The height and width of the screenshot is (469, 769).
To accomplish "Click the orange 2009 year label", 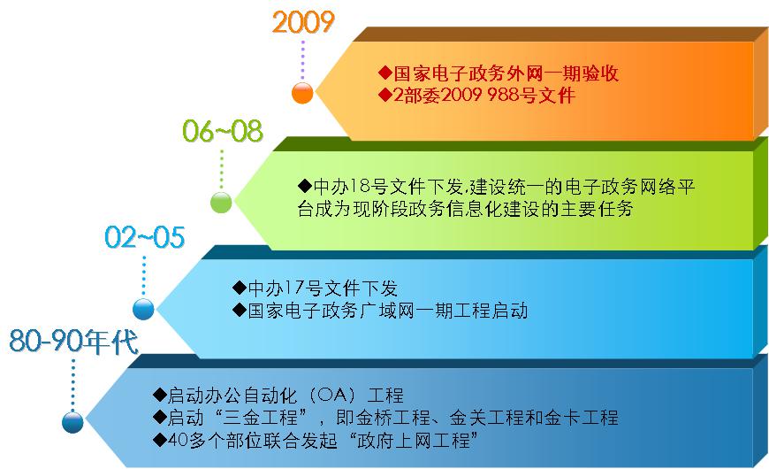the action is pos(303,23).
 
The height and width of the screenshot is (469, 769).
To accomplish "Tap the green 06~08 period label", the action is pos(223,131).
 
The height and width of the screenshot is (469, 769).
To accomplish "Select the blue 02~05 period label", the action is pos(145,237).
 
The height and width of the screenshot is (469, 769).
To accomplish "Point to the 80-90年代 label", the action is pos(73,342).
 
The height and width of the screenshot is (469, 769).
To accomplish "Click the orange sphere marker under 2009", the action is pos(302,93).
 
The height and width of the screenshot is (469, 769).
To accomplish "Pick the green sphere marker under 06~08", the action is pos(221,202).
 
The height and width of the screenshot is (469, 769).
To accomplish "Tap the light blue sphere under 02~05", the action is pos(144,309).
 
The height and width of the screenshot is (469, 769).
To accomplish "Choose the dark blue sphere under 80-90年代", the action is pos(72,422).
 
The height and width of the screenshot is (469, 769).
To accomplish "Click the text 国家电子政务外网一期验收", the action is pos(506,73).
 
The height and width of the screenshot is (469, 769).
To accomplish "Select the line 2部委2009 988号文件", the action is pos(484,95).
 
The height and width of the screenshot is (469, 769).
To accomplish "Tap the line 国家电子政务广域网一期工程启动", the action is pos(388,311).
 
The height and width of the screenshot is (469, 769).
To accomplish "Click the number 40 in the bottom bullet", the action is pos(177,440).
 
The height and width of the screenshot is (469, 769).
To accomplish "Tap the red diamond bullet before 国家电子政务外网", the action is pos(385,73).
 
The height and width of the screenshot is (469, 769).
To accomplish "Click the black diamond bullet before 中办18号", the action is pos(305,186).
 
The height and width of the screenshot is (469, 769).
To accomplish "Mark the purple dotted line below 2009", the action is pos(303,60).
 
